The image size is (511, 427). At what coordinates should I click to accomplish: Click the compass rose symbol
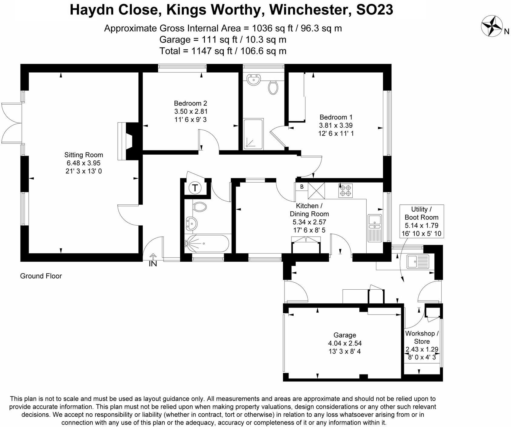coord(492,26)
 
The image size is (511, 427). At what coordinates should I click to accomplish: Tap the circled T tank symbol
coord(195,188)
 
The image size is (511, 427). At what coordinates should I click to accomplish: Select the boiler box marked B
coord(302,187)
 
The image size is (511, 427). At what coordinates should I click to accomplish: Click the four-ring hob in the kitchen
coord(345,190)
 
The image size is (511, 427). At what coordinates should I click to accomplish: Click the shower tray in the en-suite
coord(253,134)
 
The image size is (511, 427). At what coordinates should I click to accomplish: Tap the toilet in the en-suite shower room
coord(273,87)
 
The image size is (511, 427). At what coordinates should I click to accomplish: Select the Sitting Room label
coord(84,155)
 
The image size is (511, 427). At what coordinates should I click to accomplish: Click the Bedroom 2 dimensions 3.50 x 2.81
coord(191,111)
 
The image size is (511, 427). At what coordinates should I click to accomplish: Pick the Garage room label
coord(345,335)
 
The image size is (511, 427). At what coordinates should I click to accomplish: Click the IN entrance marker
coord(153,263)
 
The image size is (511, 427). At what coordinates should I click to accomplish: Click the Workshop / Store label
coord(422,337)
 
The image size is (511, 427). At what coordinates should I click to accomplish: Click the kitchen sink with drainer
coord(375,228)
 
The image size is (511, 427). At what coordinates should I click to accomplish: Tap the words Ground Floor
coord(41,276)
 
